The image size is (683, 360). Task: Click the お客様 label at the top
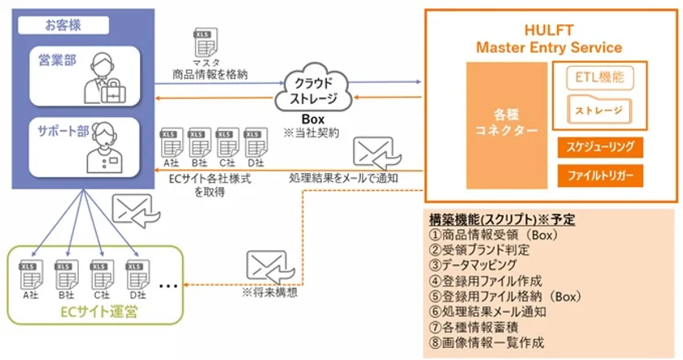click(x=64, y=24)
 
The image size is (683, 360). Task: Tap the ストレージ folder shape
click(x=598, y=109)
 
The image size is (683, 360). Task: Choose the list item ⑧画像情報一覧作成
click(x=487, y=342)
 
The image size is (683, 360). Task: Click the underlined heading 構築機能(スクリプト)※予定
click(x=498, y=219)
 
